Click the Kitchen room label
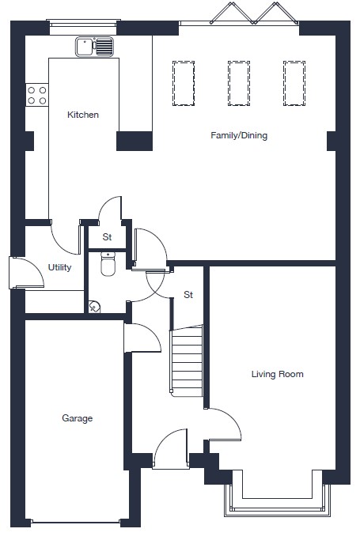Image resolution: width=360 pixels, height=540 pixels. point(83,115)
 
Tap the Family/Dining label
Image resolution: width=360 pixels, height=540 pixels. point(239,135)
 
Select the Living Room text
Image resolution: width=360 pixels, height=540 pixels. point(278,374)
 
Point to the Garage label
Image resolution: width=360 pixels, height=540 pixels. point(78,418)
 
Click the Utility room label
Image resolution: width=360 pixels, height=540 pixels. point(59,267)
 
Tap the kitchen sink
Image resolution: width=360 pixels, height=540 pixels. point(94,47)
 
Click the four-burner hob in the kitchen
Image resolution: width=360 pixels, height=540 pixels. point(37,95)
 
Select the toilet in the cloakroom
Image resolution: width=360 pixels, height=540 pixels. point(108,264)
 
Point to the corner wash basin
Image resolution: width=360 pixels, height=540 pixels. point(94,307)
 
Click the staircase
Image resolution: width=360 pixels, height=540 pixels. point(187,361)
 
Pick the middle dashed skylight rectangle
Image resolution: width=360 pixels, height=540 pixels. point(239,83)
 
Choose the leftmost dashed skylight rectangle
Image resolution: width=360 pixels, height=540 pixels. point(184,83)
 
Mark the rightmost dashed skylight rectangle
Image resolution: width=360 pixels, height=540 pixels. point(294,83)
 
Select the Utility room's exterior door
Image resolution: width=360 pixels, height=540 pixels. point(26,273)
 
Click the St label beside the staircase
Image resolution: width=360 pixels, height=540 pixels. point(188,294)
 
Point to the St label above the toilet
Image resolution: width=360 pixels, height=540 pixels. point(107,237)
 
